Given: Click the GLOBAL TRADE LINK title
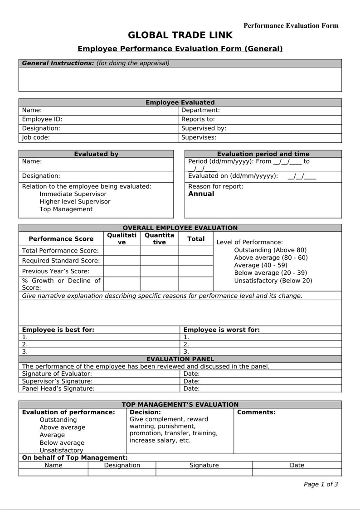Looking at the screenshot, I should coord(180,35).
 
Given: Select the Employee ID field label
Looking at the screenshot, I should coord(42,119).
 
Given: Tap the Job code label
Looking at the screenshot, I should coord(36,137).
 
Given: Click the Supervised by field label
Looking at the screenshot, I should coord(204,128).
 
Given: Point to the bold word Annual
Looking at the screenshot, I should coord(201,194).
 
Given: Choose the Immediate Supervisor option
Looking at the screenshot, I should coord(73,194).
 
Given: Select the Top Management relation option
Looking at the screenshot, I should coord(66,209).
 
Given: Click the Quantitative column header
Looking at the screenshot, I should coord(159,239).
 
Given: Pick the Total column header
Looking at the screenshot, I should coord(196,239).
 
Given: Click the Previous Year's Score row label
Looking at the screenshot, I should coord(56,271).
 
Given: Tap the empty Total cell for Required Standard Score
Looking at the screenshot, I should coord(196,261).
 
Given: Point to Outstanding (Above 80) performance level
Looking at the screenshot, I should coord(270,250).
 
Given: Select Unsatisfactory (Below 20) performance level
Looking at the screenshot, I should coord(273,281).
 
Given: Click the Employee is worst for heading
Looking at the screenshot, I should coord(221,330).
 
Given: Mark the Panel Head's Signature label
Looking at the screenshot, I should coord(58,389).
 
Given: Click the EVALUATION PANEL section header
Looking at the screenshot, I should coord(180,359).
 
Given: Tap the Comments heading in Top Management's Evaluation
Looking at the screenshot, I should coord(256,413).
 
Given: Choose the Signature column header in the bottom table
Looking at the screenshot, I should coord(204,465).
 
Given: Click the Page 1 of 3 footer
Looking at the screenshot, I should coord(321,484).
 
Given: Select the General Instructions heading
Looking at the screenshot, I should coord(58,63).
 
